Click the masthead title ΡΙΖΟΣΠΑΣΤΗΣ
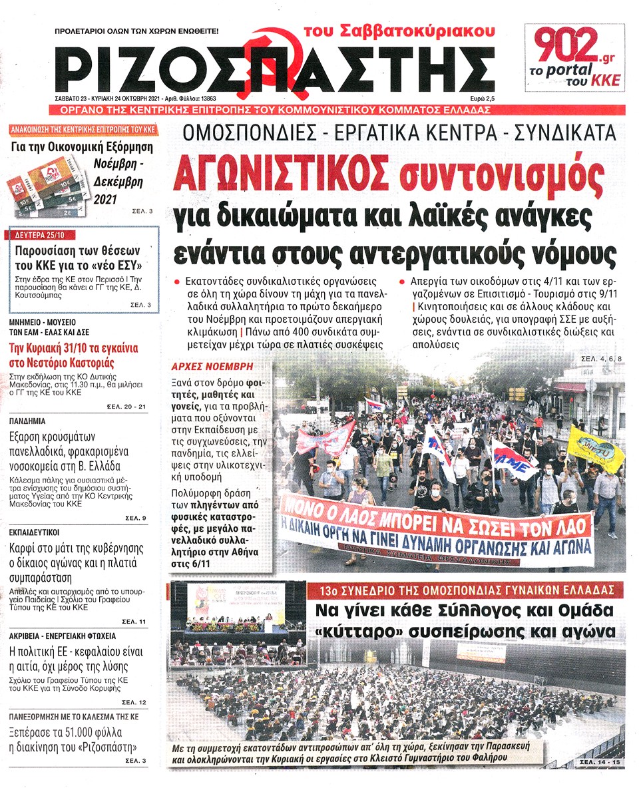273,69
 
